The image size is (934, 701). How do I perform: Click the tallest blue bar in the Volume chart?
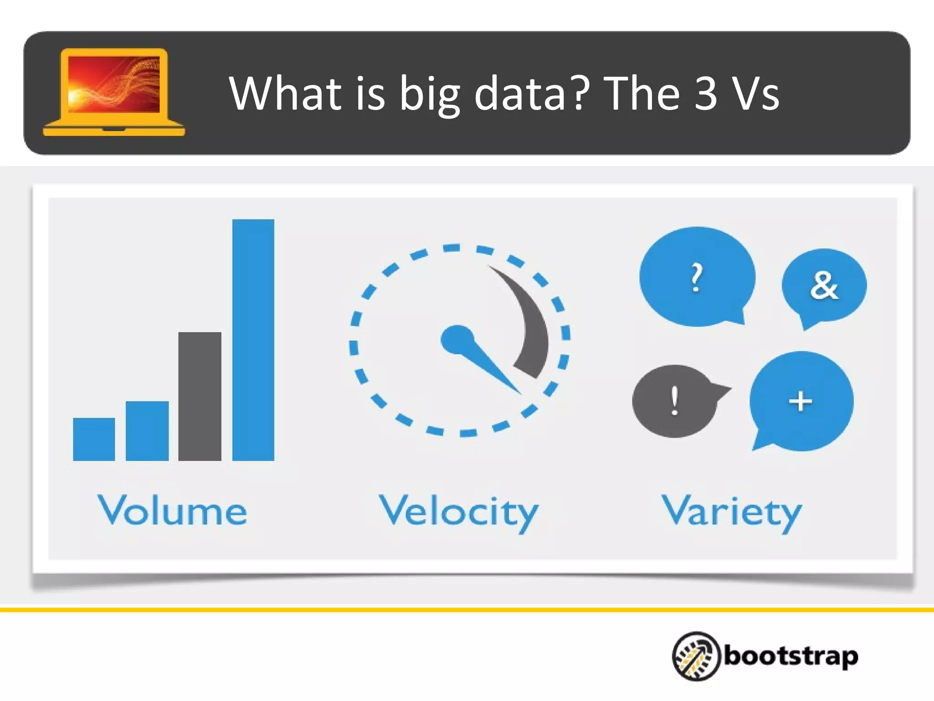pos(253,340)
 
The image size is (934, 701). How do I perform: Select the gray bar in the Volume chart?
pos(200,396)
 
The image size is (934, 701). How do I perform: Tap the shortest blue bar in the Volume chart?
pos(94,439)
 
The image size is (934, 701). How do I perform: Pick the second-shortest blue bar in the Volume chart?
pos(147,431)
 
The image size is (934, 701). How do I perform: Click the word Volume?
pos(172,510)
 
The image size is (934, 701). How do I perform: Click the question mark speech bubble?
pos(696,277)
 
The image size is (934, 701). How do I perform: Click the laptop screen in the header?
pos(114,84)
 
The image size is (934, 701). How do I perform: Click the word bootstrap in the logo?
pos(791,656)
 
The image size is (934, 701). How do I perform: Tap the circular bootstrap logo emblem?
pos(696,656)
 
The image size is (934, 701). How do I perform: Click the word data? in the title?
pos(529,93)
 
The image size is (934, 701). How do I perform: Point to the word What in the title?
pos(285,93)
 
